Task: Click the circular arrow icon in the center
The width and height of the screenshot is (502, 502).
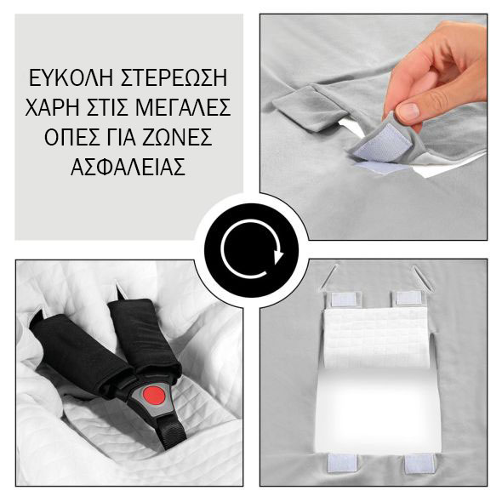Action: tap(251, 252)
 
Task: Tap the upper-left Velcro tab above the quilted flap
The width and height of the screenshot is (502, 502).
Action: tap(344, 299)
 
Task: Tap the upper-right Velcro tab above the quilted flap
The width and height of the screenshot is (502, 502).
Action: tap(409, 299)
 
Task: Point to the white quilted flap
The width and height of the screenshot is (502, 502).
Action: tap(376, 336)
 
